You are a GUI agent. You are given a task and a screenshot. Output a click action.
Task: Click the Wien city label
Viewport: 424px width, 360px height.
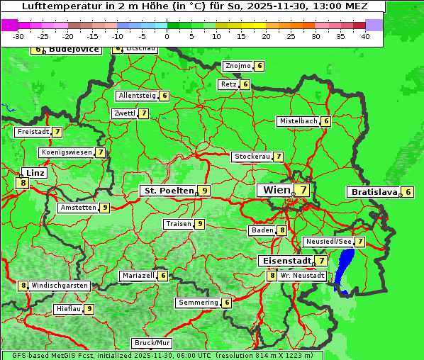pyautogui.click(x=276, y=190)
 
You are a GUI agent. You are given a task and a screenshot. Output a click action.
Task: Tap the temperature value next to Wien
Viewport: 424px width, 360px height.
pyautogui.click(x=303, y=190)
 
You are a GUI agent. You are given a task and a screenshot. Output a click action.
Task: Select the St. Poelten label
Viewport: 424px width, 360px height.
pyautogui.click(x=168, y=191)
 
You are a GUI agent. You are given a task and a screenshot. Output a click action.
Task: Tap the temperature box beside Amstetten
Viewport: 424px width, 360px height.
pyautogui.click(x=104, y=208)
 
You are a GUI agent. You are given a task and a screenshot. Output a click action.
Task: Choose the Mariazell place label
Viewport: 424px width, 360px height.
pyautogui.click(x=138, y=275)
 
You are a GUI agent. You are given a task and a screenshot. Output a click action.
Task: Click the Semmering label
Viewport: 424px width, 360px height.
pyautogui.click(x=199, y=303)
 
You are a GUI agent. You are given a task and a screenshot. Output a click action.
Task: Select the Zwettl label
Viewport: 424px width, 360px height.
pyautogui.click(x=124, y=113)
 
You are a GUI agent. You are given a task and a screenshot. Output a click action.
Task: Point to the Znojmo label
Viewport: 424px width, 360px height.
pyautogui.click(x=238, y=66)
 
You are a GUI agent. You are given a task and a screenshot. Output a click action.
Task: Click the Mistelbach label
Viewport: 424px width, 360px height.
pyautogui.click(x=299, y=121)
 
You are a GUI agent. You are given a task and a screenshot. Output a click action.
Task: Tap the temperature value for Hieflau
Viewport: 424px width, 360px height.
pyautogui.click(x=89, y=309)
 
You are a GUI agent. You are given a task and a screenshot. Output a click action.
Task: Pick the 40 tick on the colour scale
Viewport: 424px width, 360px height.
pyautogui.click(x=364, y=36)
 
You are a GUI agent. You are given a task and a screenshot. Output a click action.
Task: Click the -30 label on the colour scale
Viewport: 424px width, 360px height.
pyautogui.click(x=18, y=36)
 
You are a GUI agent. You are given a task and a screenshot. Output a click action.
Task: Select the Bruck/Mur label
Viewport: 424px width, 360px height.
pyautogui.click(x=152, y=343)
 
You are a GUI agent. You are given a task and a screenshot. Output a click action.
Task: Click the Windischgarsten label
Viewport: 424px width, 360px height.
pyautogui.click(x=60, y=286)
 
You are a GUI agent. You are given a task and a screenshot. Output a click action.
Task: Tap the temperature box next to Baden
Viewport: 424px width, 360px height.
pyautogui.click(x=281, y=230)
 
